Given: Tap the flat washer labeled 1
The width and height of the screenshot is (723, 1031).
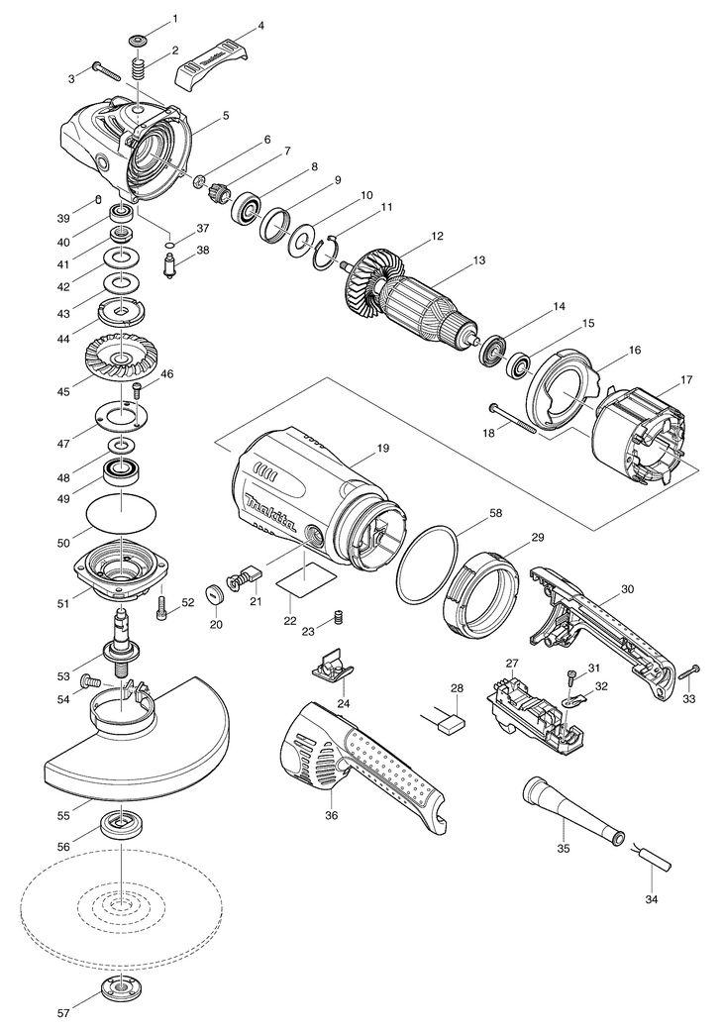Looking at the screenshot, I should [136, 42].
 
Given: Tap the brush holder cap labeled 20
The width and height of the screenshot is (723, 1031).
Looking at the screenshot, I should [213, 595].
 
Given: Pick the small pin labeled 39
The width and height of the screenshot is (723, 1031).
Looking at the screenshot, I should [100, 200].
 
